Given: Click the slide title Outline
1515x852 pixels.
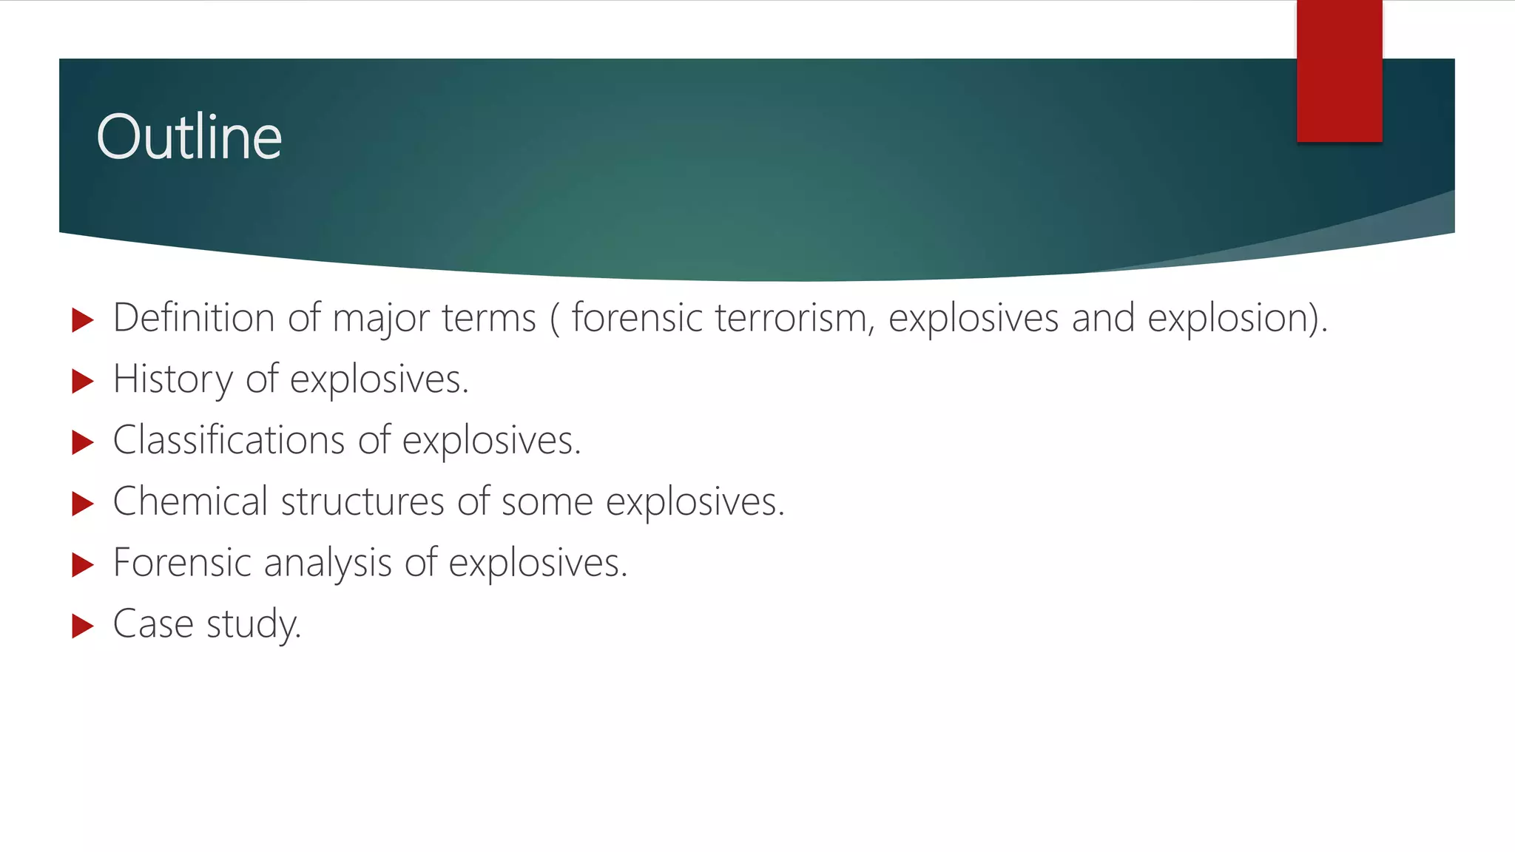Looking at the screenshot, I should click(189, 138).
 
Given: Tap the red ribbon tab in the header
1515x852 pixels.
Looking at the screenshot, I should click(1339, 71).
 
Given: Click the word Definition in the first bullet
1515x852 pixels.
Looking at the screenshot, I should click(194, 318).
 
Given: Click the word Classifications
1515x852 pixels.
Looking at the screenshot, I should click(229, 441).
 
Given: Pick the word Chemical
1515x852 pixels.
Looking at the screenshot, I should click(190, 501).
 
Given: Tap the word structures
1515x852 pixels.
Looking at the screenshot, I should click(362, 501).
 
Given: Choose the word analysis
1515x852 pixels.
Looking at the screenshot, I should click(327, 564).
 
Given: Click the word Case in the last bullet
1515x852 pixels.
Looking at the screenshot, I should click(152, 624).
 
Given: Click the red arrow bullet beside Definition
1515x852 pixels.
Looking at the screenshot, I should click(83, 321).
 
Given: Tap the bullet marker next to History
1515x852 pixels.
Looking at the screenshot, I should click(83, 382).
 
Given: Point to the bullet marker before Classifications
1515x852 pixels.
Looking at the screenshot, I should click(83, 443).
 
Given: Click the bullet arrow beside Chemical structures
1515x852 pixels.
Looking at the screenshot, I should click(83, 504).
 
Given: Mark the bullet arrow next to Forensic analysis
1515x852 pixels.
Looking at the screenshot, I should click(83, 566).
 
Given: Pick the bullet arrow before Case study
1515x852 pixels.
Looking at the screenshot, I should click(83, 626).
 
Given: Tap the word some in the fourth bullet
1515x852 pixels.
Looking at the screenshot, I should click(547, 502).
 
